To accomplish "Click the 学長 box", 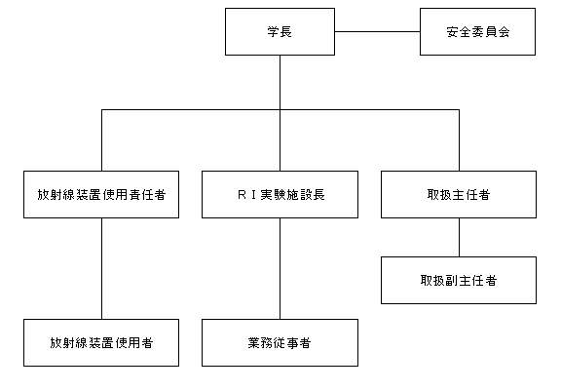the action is coord(280,31).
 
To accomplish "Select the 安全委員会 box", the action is coord(477,31).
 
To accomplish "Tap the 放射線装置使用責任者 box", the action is coord(101,194).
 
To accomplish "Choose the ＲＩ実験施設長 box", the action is coord(280,194).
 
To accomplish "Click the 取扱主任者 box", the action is coord(459,194).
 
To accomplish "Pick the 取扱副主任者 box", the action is coord(459,281).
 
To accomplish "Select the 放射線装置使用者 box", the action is coord(101,342).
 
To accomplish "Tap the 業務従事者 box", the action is coord(280,342).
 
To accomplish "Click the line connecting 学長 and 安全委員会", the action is coord(378,31).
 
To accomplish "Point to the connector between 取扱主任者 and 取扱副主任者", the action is coord(459,237).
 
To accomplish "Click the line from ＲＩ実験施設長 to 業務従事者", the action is coord(280,268).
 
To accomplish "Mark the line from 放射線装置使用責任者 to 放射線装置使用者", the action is coord(101,268).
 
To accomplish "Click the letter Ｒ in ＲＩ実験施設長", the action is coord(242,195).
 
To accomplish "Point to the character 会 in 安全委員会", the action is coord(504,32).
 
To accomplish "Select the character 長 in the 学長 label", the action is coord(286,32).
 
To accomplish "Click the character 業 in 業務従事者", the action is coord(254,343).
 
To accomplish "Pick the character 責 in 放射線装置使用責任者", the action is coord(134,195).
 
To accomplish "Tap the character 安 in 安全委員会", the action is coord(452,32).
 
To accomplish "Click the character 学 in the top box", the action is coord(274,32).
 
